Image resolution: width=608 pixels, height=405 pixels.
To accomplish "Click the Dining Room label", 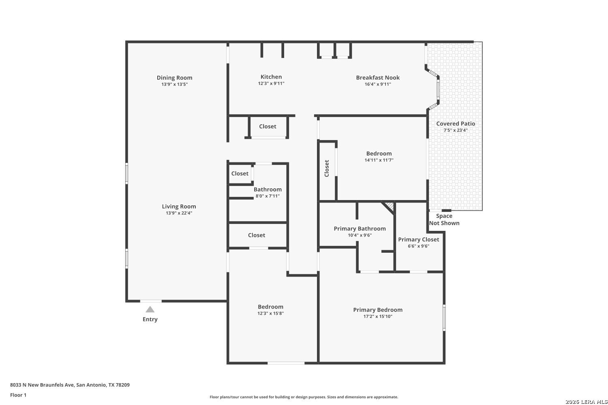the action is tap(175, 78).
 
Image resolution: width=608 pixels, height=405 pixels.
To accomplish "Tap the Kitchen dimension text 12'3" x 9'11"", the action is tap(271, 83).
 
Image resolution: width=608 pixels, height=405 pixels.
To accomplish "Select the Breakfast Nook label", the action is tap(378, 78).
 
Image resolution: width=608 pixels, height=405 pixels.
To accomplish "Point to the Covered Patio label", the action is tap(456, 124).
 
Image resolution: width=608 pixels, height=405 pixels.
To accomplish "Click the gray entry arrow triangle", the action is tap(150, 309).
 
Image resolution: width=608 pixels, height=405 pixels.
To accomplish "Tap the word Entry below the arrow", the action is tap(150, 319).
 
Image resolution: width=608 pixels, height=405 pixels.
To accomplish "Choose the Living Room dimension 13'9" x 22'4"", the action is tap(179, 213).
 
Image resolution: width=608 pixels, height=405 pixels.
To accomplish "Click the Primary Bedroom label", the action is tap(378, 310).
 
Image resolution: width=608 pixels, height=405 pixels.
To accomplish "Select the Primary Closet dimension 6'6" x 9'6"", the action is tap(419, 246).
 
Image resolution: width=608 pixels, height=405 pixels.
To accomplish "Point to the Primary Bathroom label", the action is tap(360, 229).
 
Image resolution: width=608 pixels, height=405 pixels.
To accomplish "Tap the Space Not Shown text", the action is tap(444, 220).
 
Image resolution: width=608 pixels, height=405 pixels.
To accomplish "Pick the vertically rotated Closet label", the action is tap(327, 168).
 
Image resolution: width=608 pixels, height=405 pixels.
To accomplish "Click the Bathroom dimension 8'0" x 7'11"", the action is tap(268, 196).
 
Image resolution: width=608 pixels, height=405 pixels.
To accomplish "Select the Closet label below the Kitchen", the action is tap(268, 126).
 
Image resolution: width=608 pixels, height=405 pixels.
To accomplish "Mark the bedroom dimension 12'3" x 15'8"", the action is tap(271, 313).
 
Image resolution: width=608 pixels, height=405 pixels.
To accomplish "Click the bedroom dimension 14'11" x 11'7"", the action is tap(379, 160).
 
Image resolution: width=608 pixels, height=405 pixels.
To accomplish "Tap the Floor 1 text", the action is tap(18, 395).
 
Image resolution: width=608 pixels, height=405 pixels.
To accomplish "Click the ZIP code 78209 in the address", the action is tap(123, 385).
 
